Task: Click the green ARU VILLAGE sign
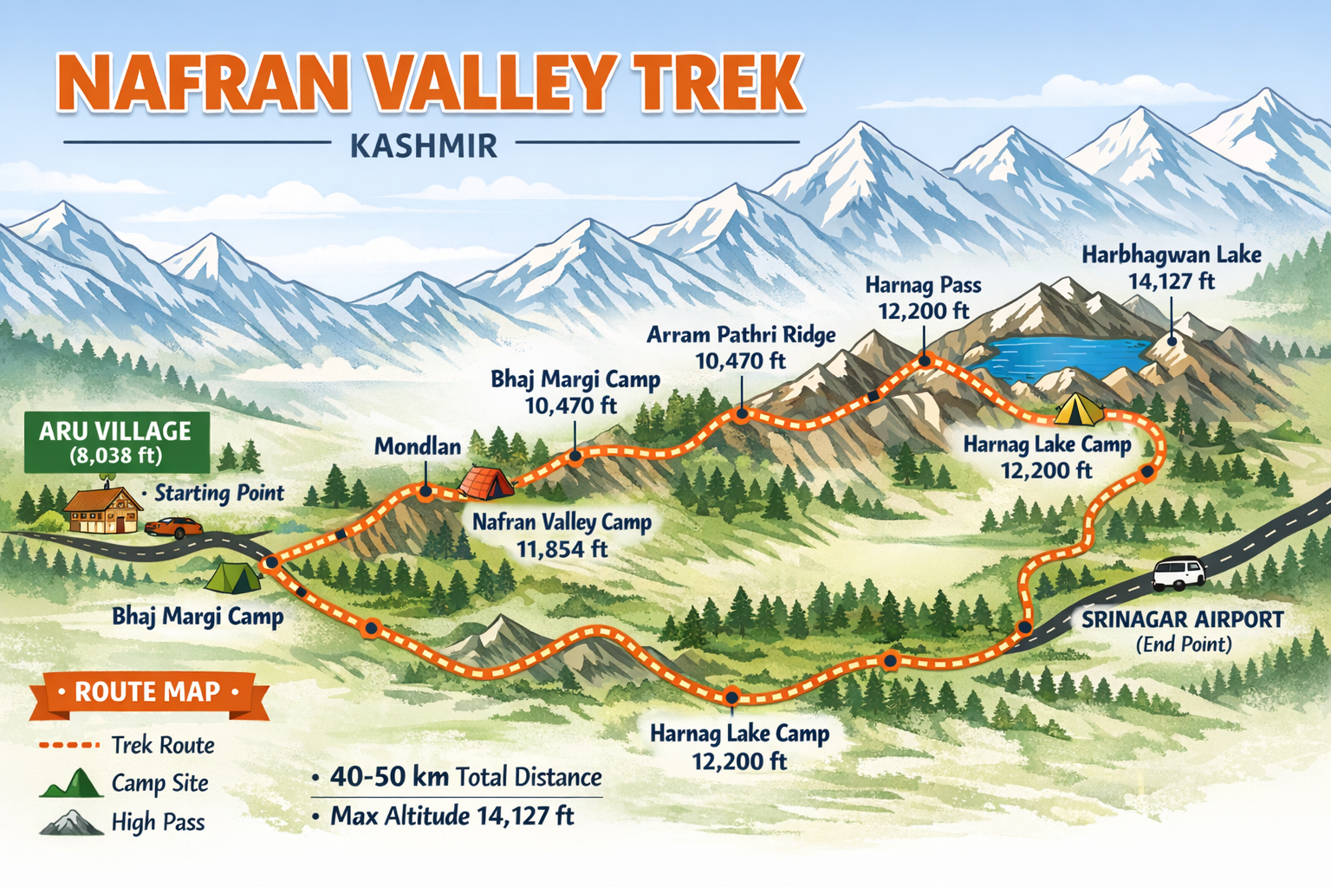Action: [116, 442]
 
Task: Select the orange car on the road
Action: [173, 527]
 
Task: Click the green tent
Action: [234, 577]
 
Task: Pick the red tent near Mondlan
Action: [485, 483]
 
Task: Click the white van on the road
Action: [1178, 573]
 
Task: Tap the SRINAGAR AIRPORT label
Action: [1182, 620]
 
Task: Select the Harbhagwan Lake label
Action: [1171, 255]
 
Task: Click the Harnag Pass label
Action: [923, 285]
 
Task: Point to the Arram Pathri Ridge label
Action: [741, 335]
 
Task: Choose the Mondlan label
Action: [418, 447]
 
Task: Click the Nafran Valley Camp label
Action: [562, 522]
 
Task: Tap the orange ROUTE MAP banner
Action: [148, 693]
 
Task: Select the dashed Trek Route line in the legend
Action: [69, 745]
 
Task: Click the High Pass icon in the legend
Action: [71, 822]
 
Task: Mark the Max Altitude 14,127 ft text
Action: [451, 816]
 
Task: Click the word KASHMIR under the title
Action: [424, 146]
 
